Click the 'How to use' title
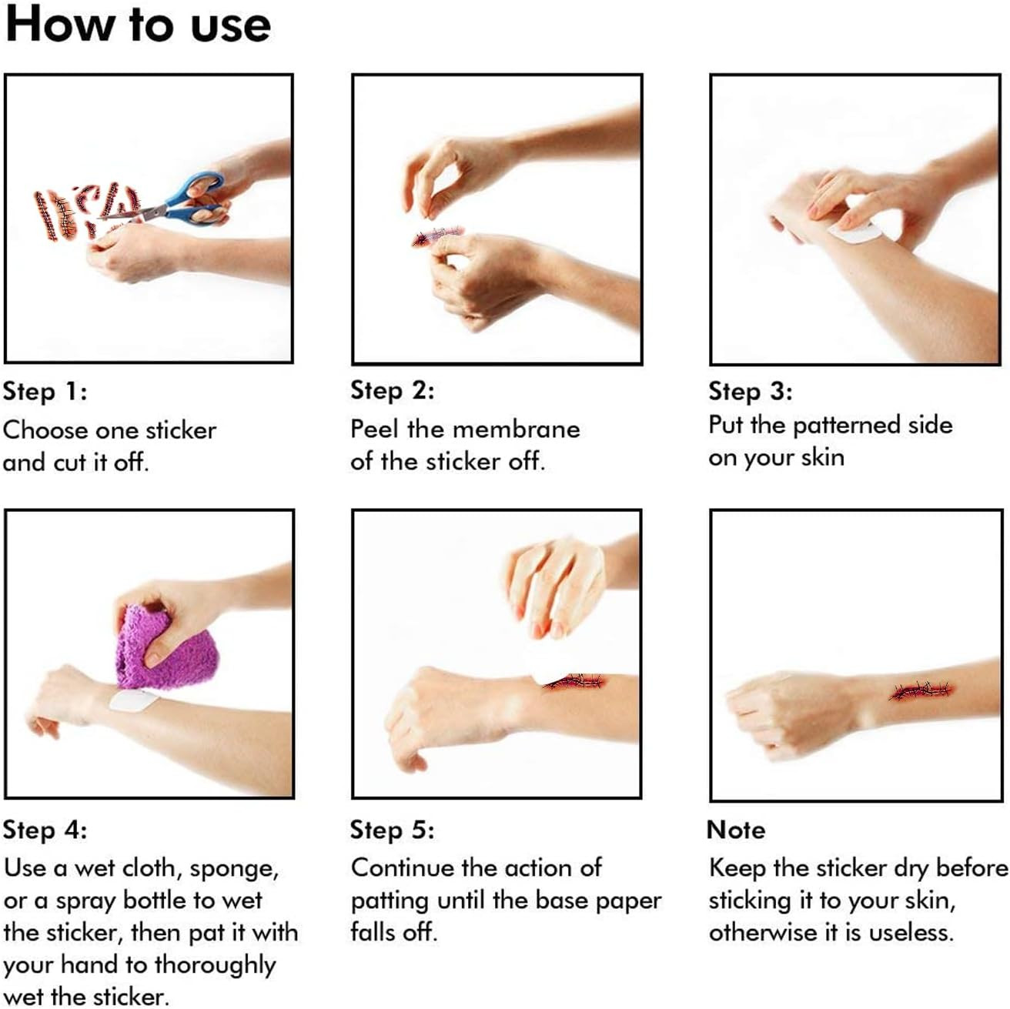138,25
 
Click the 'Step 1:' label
45,392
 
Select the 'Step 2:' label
392,390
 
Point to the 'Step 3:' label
750,392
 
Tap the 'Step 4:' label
45,830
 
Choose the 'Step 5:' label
392,830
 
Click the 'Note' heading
736,830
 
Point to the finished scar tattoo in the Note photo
921,691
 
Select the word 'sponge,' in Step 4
234,870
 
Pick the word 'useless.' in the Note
911,933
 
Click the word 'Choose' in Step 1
45,430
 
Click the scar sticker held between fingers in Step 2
437,236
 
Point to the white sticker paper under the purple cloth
132,699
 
